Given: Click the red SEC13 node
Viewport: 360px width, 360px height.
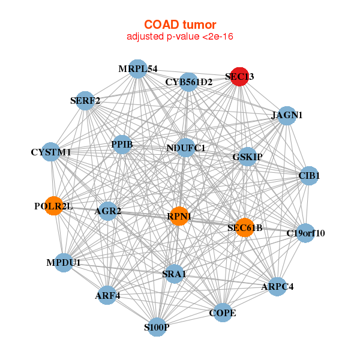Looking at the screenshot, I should [239, 77].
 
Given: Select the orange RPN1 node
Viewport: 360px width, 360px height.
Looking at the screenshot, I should [179, 216].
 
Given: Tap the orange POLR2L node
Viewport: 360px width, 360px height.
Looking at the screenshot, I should [54, 206].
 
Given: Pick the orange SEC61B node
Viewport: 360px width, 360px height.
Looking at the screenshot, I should [244, 227].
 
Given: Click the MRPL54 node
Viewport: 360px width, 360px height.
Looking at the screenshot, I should [138, 69].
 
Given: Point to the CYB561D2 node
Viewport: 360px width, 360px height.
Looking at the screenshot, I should [189, 82].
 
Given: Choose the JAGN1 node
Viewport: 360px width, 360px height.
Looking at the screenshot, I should [287, 115].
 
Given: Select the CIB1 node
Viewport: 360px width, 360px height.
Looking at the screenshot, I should [309, 176].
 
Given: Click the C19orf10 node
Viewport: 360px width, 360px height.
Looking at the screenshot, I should [305, 233].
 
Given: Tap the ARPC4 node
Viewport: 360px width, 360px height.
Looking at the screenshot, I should [277, 286].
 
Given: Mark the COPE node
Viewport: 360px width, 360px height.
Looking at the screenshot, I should [222, 313].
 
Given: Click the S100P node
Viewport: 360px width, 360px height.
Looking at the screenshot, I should [157, 327].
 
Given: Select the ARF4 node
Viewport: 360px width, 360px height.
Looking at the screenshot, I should [107, 295].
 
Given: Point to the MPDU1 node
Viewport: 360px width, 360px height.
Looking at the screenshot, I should [64, 262].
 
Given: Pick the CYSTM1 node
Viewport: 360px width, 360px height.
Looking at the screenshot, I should [52, 152].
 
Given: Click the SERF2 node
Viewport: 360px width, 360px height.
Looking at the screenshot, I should [85, 101].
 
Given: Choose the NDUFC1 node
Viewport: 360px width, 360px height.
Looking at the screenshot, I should [185, 148].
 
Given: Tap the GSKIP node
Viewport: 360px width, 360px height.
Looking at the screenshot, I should [247, 157].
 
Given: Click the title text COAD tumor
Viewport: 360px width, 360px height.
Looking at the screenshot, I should [180, 25].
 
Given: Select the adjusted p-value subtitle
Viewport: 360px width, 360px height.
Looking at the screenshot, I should [180, 37].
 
